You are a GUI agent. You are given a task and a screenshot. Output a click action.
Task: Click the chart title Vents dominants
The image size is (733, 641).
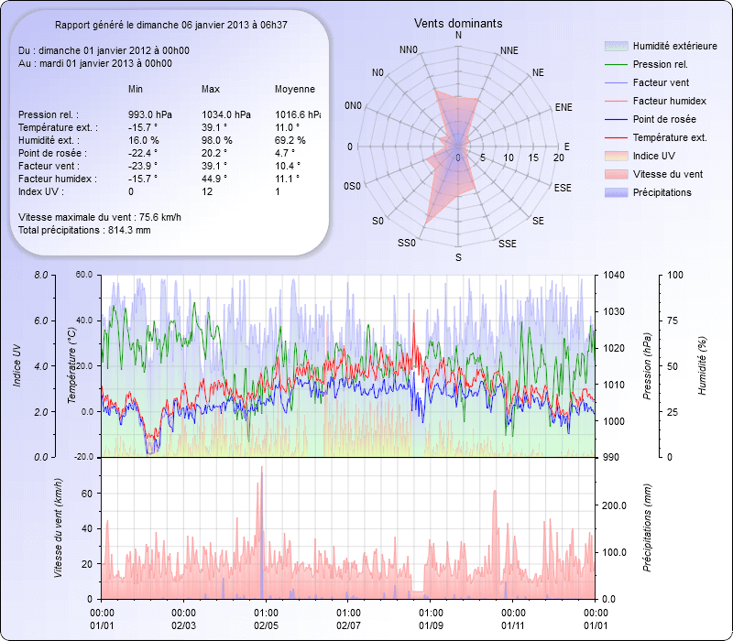click(x=458, y=23)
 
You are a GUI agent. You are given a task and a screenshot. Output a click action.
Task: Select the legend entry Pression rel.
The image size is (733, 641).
click(x=660, y=64)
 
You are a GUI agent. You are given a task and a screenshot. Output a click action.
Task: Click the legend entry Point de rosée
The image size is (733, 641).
click(x=663, y=119)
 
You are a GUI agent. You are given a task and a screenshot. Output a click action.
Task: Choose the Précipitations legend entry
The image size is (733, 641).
click(x=662, y=192)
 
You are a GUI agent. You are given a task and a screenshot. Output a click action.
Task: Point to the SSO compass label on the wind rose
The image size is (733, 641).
click(x=407, y=244)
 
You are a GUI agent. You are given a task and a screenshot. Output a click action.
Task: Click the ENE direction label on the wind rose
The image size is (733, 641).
click(x=563, y=107)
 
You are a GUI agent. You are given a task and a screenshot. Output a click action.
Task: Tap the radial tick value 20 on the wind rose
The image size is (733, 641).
click(x=559, y=158)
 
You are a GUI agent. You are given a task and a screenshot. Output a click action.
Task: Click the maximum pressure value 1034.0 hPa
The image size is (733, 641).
click(x=225, y=114)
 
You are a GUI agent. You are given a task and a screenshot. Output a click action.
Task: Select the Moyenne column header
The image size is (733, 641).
click(x=295, y=89)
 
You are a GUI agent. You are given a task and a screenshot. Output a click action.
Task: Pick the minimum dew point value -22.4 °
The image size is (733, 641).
click(x=143, y=153)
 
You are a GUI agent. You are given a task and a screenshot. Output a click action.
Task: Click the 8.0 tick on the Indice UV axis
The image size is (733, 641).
click(x=39, y=275)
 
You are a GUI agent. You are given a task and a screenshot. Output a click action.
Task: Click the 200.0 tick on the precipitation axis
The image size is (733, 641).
click(x=616, y=505)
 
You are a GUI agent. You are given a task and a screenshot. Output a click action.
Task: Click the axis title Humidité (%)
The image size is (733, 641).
click(x=703, y=365)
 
